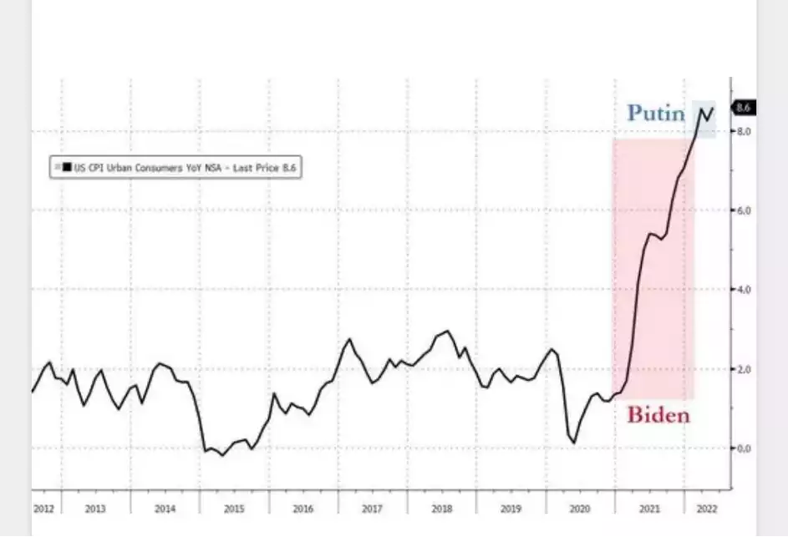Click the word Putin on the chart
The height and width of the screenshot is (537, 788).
click(x=656, y=113)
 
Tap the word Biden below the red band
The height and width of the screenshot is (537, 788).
click(x=658, y=414)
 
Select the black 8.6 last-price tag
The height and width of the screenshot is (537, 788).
click(x=744, y=108)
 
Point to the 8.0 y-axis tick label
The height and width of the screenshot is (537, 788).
click(x=743, y=132)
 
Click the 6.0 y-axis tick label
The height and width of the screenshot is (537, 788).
click(x=743, y=210)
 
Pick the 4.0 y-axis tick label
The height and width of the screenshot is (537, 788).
click(x=743, y=290)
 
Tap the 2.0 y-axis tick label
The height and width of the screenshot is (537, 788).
click(x=743, y=369)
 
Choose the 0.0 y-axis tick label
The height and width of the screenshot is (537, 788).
click(x=743, y=448)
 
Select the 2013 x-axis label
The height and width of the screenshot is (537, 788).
click(x=95, y=509)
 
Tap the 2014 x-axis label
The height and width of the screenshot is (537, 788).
click(x=165, y=509)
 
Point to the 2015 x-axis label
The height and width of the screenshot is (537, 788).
click(x=234, y=509)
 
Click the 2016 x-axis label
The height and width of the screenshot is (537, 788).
click(x=303, y=509)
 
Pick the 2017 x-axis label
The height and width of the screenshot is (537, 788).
click(x=373, y=509)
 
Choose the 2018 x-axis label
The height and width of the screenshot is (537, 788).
click(x=442, y=509)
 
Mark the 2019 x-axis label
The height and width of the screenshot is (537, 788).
click(x=511, y=509)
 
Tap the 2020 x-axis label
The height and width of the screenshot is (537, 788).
click(x=580, y=509)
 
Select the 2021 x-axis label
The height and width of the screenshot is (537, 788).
click(x=649, y=509)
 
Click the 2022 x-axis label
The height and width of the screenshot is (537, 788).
click(x=704, y=509)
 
